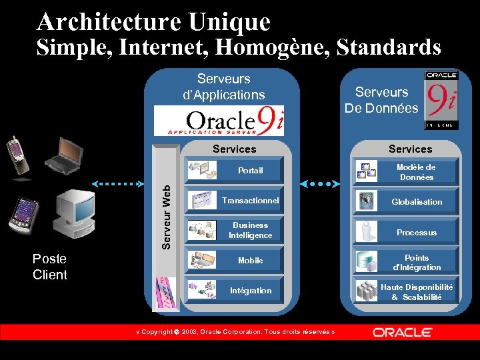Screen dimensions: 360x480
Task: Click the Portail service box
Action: point(234,171)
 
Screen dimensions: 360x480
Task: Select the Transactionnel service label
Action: point(251,201)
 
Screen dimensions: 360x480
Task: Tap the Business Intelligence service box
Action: point(234,230)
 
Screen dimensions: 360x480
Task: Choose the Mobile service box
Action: point(234,261)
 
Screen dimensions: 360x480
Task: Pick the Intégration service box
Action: point(234,291)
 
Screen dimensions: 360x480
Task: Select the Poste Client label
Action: point(50,267)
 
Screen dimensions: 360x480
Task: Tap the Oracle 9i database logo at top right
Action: point(441,100)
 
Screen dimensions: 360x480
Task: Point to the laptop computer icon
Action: point(64,155)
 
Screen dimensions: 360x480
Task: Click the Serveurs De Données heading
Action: point(381,100)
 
